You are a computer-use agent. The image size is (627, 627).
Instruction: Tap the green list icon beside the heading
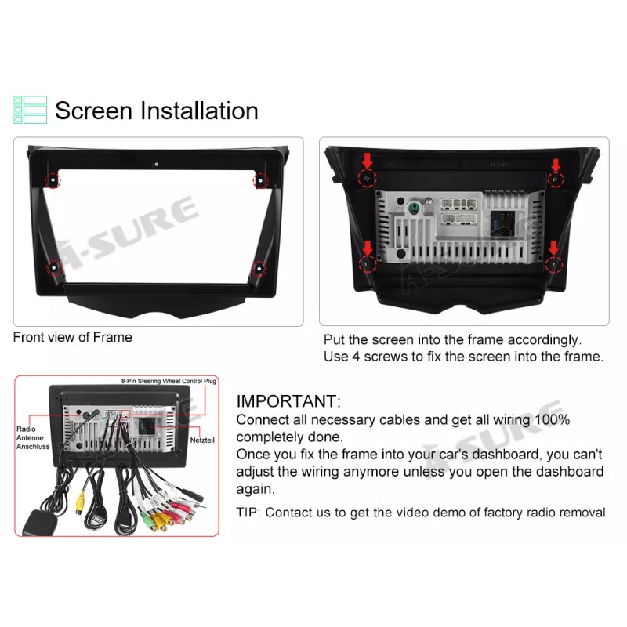[x=31, y=110]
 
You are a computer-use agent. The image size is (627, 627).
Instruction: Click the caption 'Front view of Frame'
[x=73, y=338]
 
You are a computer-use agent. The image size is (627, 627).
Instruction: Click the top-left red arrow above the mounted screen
[x=366, y=163]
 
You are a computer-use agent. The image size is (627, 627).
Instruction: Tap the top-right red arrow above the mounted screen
[x=556, y=165]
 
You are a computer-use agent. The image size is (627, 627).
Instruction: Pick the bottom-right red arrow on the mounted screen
[x=555, y=249]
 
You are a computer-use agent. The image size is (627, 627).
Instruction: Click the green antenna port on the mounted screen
[x=412, y=209]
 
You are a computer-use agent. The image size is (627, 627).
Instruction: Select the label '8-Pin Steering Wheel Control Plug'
[x=169, y=381]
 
